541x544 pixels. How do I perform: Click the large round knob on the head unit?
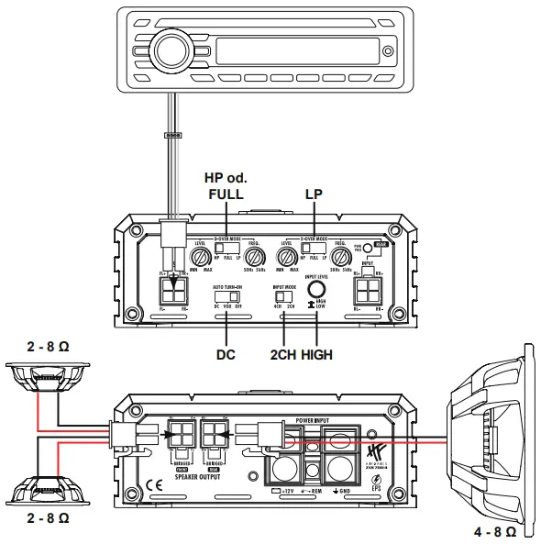[x=167, y=47]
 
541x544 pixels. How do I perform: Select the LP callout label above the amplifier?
[x=315, y=194]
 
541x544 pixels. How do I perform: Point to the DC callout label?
[x=226, y=354]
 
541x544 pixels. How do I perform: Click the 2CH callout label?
[x=283, y=354]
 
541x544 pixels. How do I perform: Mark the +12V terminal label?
[x=289, y=492]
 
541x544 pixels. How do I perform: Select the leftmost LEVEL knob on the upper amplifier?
[x=200, y=257]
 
